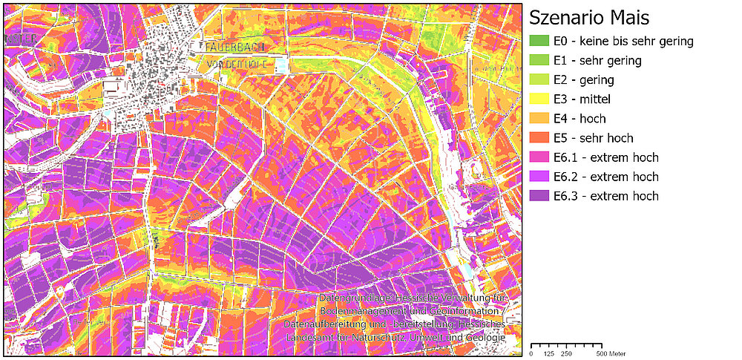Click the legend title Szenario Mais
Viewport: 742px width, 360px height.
pos(589,17)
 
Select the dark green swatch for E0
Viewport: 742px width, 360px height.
pos(539,42)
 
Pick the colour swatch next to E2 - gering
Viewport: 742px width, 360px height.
pos(539,80)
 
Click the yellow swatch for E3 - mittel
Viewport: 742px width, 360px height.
pos(539,99)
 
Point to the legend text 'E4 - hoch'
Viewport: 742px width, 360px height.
pos(580,119)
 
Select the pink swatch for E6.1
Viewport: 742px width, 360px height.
pos(539,157)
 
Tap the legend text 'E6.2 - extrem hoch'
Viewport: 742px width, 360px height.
pos(605,177)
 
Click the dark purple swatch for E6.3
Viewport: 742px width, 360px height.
pos(539,196)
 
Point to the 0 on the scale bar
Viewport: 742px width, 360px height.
pos(532,353)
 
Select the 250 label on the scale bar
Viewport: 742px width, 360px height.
pos(566,353)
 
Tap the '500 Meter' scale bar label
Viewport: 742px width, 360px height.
pos(611,353)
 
